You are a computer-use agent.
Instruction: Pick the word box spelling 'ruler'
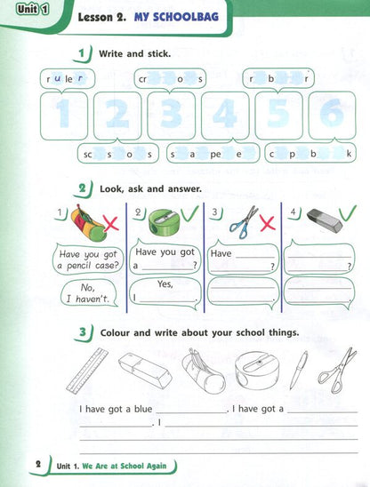pos(68,79)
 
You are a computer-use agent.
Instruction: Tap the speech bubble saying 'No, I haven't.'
pos(87,292)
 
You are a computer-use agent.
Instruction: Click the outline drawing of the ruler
pos(86,371)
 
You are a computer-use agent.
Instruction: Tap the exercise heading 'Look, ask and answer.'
pos(150,189)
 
